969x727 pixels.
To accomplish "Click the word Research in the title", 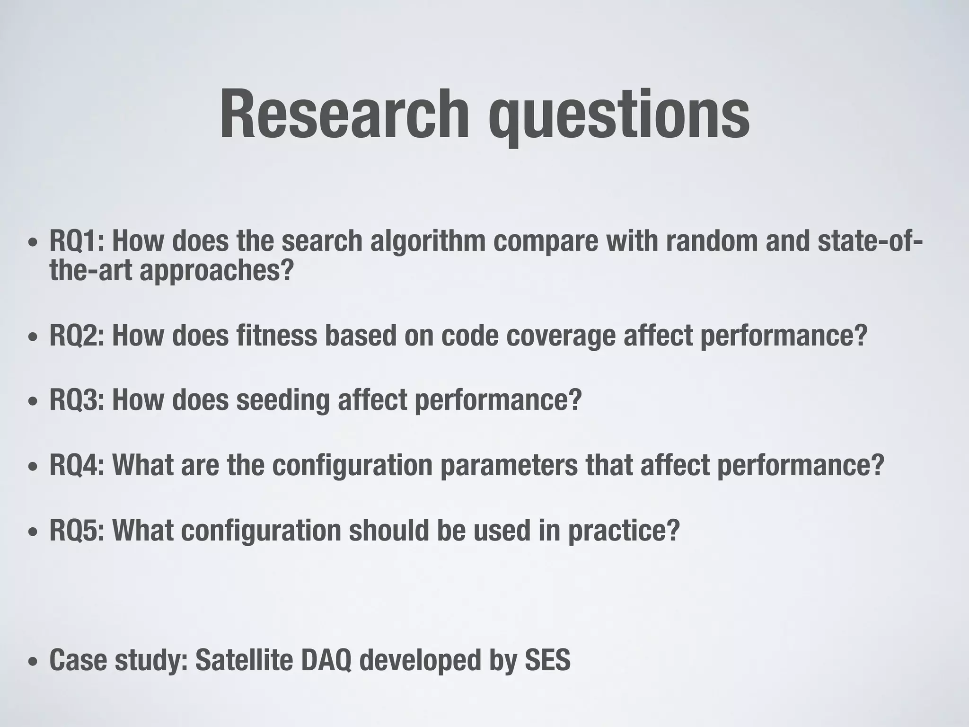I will click(344, 115).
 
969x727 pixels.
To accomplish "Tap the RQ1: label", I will click(77, 241).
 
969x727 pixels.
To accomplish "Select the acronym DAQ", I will click(326, 661).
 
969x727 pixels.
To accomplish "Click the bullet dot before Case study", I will click(32, 662).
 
